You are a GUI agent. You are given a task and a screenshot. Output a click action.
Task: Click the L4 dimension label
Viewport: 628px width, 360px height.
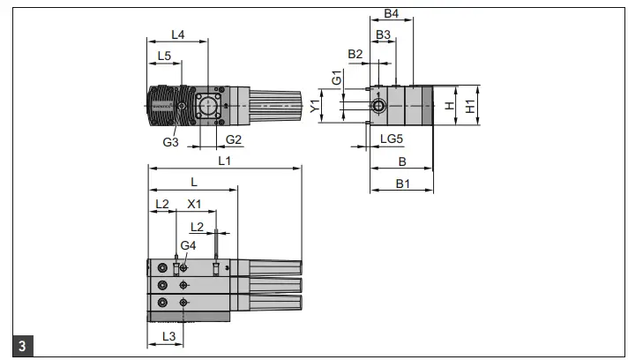point(177,34)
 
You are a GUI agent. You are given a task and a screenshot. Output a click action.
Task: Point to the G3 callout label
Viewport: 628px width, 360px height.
point(171,140)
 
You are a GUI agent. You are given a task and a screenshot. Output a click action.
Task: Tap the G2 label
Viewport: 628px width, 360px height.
point(234,139)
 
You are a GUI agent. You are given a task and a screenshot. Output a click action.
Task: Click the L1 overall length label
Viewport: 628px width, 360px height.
point(224,161)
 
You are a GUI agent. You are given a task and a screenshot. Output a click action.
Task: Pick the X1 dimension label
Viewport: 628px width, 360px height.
point(194,203)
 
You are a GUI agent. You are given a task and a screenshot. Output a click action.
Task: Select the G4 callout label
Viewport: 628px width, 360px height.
point(188,244)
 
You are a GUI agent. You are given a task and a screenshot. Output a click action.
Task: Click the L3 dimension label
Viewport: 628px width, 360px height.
point(169,337)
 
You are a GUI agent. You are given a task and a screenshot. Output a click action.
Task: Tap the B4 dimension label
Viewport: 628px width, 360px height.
point(392,14)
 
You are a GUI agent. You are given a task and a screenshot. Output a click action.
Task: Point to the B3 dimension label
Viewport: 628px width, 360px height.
point(384,34)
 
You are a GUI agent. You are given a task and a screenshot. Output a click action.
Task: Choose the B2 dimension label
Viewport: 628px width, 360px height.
point(355,55)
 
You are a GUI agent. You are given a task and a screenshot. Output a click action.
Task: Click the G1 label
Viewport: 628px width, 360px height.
point(336,79)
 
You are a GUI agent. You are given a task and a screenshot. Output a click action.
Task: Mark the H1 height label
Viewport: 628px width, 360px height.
point(470,105)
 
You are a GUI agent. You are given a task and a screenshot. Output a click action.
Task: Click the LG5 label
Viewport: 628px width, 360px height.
point(392,139)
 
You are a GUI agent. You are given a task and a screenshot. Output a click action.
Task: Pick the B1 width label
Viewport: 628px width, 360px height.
point(402,184)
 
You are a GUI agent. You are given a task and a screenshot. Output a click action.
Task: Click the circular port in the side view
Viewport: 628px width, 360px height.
point(378,106)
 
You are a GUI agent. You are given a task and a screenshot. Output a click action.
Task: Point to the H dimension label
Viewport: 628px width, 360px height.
point(449,106)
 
